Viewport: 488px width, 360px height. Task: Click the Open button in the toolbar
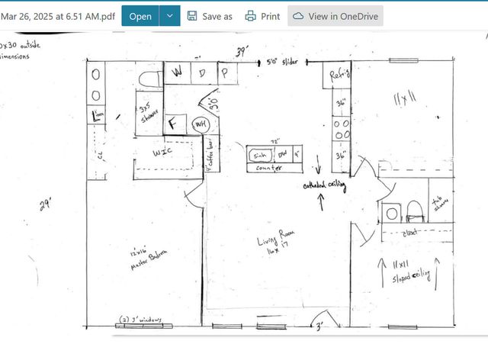(140, 15)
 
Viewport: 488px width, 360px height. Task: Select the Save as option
(210, 15)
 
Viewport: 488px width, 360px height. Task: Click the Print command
(262, 15)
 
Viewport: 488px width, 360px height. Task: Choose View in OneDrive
(335, 15)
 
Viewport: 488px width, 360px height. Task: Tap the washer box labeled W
(177, 72)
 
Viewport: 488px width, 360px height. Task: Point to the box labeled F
(172, 123)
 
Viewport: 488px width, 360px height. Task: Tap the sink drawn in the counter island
(261, 153)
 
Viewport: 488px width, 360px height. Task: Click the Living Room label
(277, 244)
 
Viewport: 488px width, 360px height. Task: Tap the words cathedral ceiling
(325, 185)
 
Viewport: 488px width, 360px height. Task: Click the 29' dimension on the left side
(45, 204)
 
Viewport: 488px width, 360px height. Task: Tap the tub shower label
(441, 204)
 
